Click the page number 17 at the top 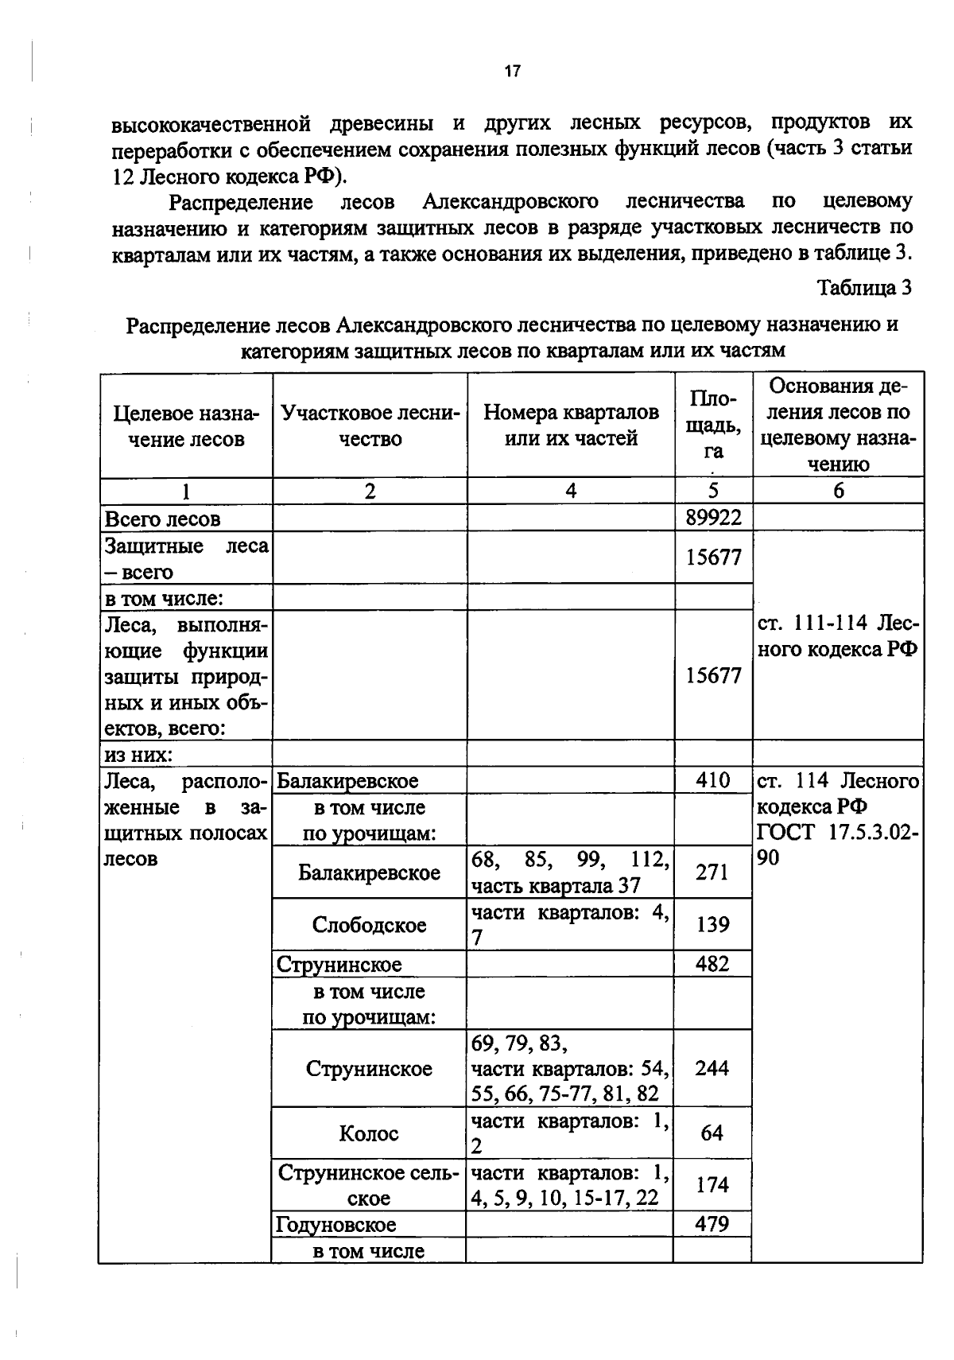tap(512, 72)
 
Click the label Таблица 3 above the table tap(864, 287)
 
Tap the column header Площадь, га tap(713, 424)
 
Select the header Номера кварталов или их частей tap(571, 425)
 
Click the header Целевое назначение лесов tap(186, 425)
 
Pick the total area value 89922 tap(713, 519)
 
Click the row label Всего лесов tap(163, 519)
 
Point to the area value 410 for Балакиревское tap(712, 780)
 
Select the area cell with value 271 tap(712, 872)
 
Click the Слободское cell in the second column tap(370, 925)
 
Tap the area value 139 tap(712, 924)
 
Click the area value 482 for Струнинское tap(712, 964)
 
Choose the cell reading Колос tap(369, 1133)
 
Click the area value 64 tap(712, 1133)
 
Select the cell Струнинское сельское tap(369, 1185)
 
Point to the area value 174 tap(712, 1185)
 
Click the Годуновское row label tap(335, 1224)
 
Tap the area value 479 tap(712, 1224)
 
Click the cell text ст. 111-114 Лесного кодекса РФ tap(838, 636)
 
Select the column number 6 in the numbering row tap(838, 492)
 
